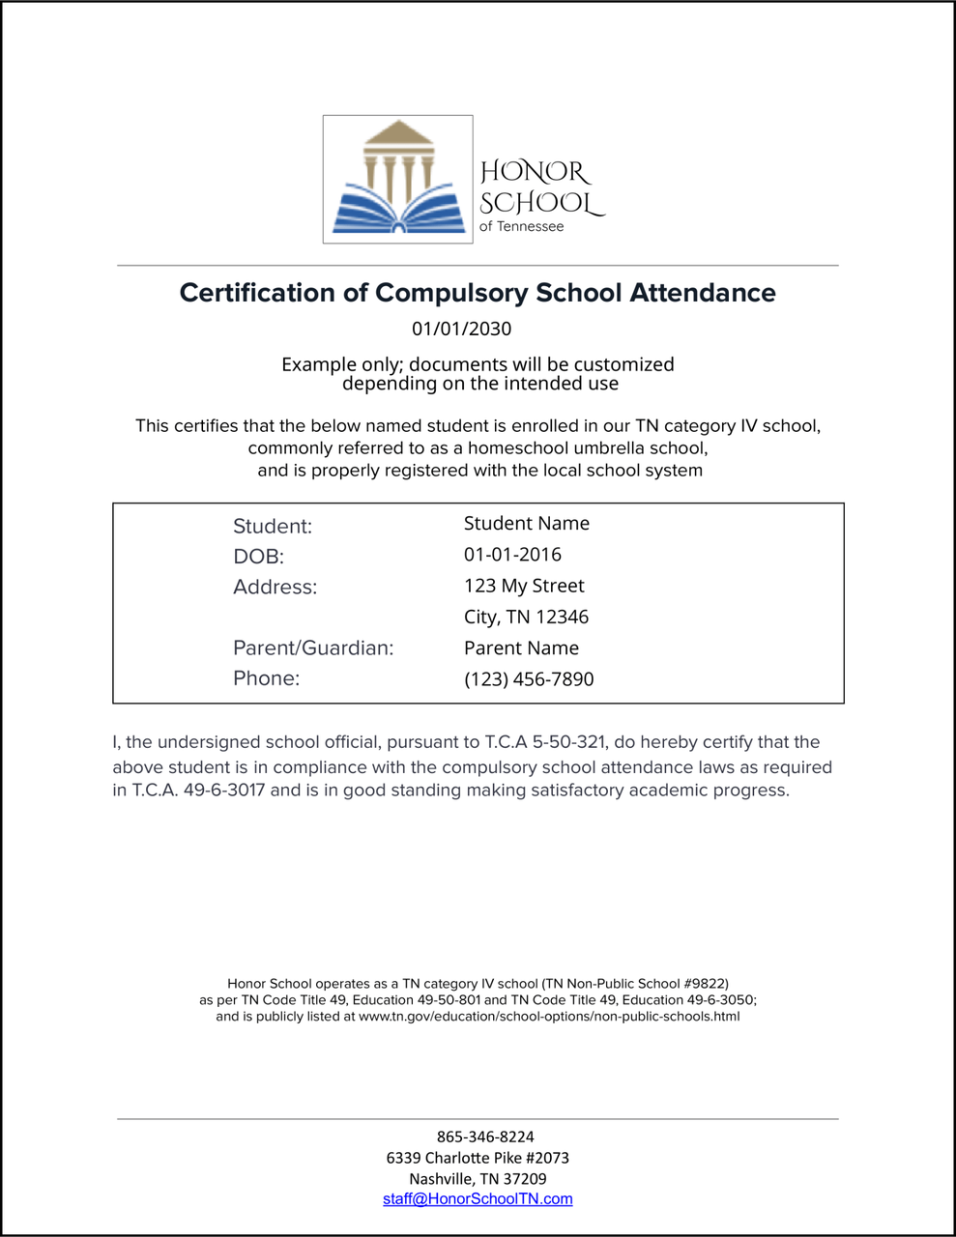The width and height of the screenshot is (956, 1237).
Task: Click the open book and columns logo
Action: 397,179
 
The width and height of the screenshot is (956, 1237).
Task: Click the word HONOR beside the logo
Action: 535,172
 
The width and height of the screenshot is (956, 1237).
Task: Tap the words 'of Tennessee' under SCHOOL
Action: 521,226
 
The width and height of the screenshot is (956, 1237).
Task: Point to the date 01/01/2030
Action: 461,329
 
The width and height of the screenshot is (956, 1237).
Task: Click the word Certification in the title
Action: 257,293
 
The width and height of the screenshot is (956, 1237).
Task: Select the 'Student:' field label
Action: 273,527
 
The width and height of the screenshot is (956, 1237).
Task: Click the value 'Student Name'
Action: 526,524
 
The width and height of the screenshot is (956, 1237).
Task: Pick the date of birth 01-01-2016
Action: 512,555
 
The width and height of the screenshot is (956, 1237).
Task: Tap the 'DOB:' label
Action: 258,557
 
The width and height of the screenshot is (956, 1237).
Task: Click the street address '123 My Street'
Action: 524,586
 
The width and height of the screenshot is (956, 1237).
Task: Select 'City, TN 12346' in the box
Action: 526,617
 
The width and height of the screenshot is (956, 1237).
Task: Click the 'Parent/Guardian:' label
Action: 313,647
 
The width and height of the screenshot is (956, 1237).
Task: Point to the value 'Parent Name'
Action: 521,647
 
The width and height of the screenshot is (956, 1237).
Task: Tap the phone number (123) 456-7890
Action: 529,679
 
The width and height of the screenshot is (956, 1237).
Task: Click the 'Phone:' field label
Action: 266,678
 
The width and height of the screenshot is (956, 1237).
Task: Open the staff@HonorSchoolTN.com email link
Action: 478,1199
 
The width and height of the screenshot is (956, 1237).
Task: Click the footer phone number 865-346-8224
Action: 485,1136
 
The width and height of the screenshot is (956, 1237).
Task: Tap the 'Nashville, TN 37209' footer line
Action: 478,1179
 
